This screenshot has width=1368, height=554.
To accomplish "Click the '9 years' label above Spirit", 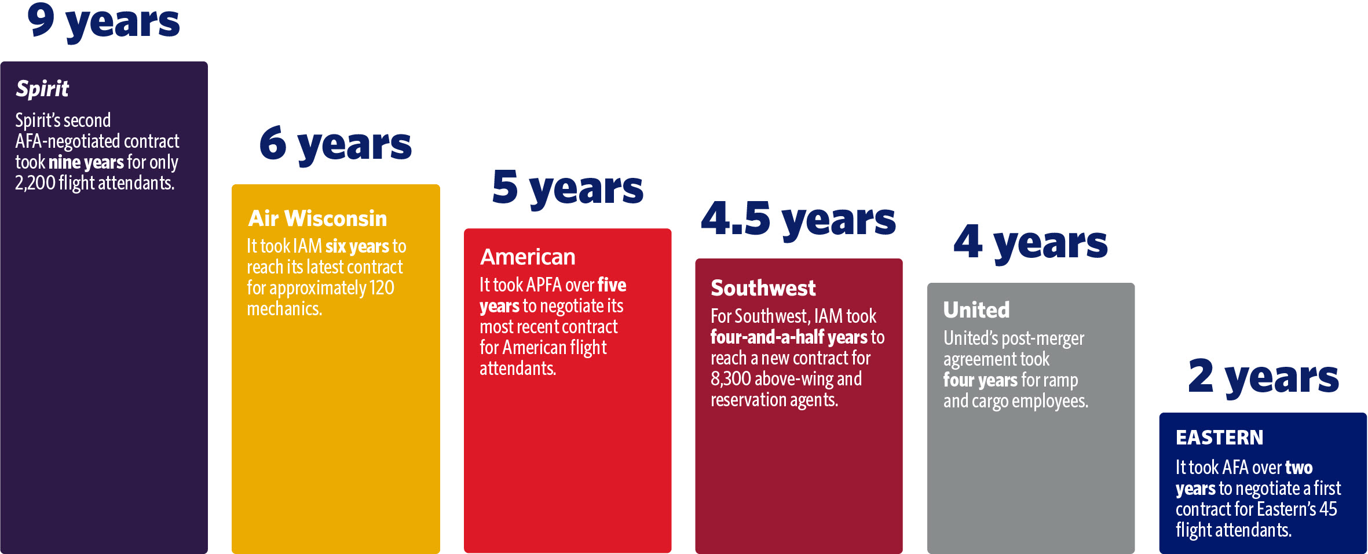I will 103,22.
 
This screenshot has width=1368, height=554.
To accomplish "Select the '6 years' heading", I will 335,144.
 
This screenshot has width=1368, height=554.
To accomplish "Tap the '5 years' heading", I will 567,188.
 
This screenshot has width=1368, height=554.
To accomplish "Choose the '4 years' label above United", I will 1030,242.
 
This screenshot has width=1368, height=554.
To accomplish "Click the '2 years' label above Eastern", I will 1263,377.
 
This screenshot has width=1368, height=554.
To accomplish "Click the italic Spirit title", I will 42,89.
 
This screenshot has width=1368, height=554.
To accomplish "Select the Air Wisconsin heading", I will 317,218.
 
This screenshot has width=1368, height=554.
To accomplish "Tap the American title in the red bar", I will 528,257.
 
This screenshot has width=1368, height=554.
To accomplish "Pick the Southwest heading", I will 763,288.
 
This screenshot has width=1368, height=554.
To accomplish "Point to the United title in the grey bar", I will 976,310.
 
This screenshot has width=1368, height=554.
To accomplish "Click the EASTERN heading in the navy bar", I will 1219,438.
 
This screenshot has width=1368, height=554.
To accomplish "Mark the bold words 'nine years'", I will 86,162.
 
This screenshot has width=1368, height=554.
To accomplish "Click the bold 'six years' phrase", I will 357,246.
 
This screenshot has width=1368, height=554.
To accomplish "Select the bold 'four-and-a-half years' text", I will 789,337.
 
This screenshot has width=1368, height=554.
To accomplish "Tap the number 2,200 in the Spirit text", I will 35,183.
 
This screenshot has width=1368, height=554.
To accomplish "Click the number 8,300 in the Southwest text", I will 730,379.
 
